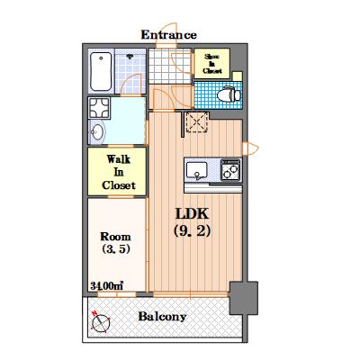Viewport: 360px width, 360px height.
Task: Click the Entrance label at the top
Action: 169,35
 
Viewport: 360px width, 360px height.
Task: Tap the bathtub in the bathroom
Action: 101,72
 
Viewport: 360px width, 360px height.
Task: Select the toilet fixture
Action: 229,94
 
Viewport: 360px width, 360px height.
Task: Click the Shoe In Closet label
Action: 212,64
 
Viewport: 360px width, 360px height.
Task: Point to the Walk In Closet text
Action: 119,172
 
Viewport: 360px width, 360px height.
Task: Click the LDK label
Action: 192,214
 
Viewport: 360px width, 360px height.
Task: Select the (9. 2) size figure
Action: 192,231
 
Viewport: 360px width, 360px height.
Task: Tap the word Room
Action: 115,237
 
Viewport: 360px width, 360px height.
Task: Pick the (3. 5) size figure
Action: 116,248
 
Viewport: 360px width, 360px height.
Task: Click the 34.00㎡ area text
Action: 107,286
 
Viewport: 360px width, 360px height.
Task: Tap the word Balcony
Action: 162,317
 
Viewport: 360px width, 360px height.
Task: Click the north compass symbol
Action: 101,322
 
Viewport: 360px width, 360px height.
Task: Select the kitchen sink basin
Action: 196,170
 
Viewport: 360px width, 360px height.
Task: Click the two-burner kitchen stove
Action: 230,170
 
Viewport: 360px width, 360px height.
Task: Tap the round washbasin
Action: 97,132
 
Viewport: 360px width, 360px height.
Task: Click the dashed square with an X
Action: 196,121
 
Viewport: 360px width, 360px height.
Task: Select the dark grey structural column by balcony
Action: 244,298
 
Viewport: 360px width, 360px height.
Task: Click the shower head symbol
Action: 130,56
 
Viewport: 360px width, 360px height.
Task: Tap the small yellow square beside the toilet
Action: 238,76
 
